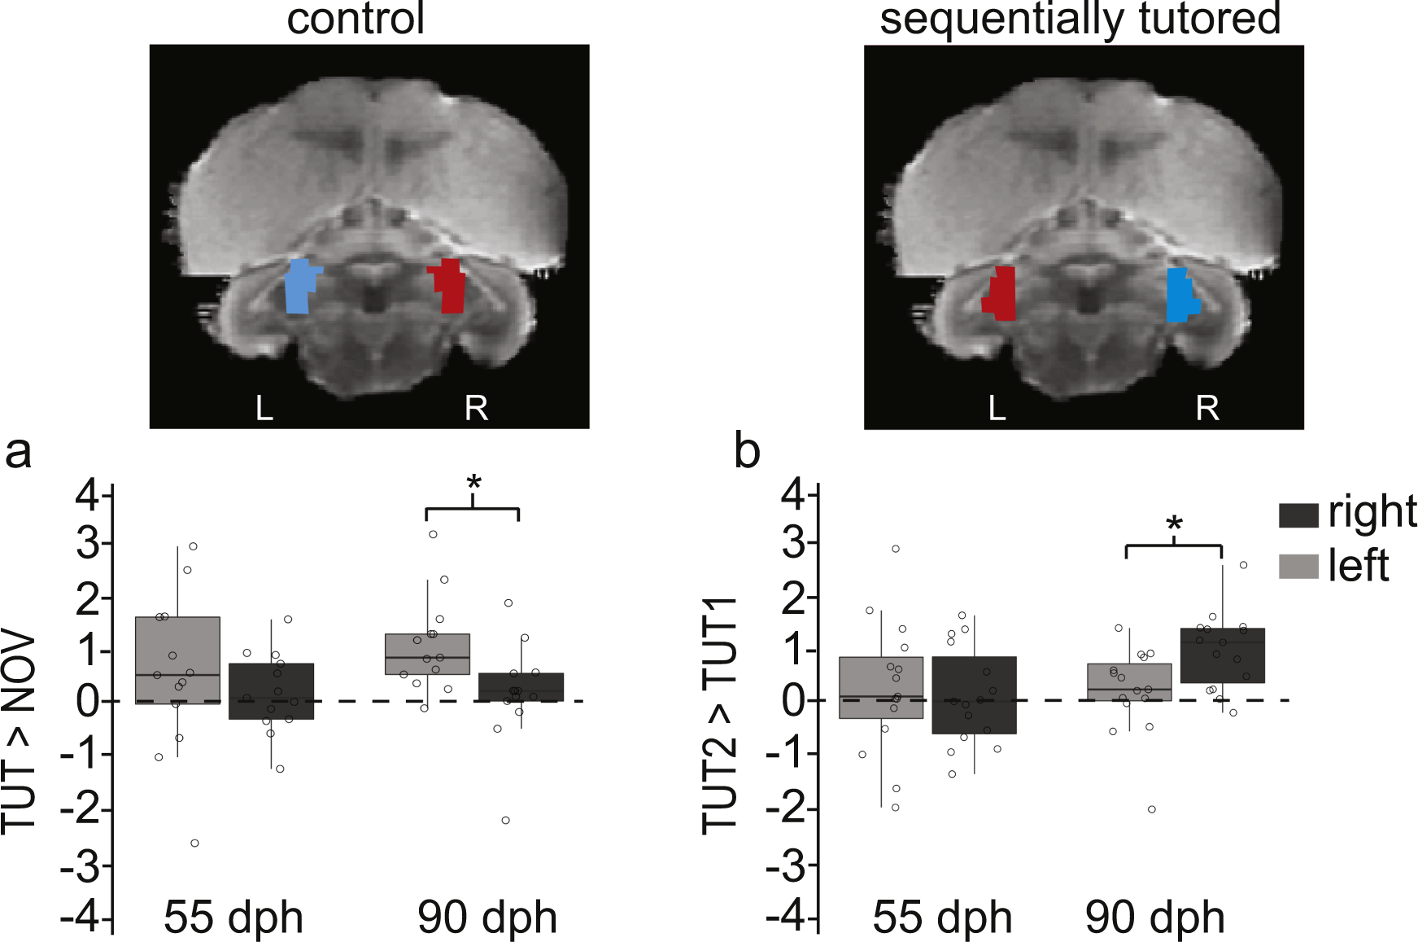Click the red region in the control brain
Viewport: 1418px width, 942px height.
click(x=449, y=287)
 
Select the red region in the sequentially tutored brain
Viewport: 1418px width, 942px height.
click(x=1002, y=295)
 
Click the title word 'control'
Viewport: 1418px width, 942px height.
click(x=356, y=20)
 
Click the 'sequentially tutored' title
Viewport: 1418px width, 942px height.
click(x=1080, y=20)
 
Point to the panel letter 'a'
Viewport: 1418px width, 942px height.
click(x=18, y=452)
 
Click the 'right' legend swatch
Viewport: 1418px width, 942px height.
click(x=1298, y=515)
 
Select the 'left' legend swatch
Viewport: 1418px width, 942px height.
click(x=1298, y=567)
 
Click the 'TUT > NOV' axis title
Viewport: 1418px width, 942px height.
click(x=20, y=733)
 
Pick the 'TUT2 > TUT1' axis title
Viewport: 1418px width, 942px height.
click(x=721, y=716)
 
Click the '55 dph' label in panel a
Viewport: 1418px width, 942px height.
click(x=233, y=918)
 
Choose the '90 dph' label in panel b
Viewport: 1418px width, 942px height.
click(x=1155, y=918)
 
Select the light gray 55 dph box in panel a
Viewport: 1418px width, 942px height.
click(x=177, y=659)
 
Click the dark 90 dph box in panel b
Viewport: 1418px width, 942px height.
click(x=1222, y=655)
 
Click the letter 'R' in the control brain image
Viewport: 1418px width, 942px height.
click(x=476, y=408)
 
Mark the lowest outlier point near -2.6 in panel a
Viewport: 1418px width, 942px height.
click(x=194, y=843)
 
